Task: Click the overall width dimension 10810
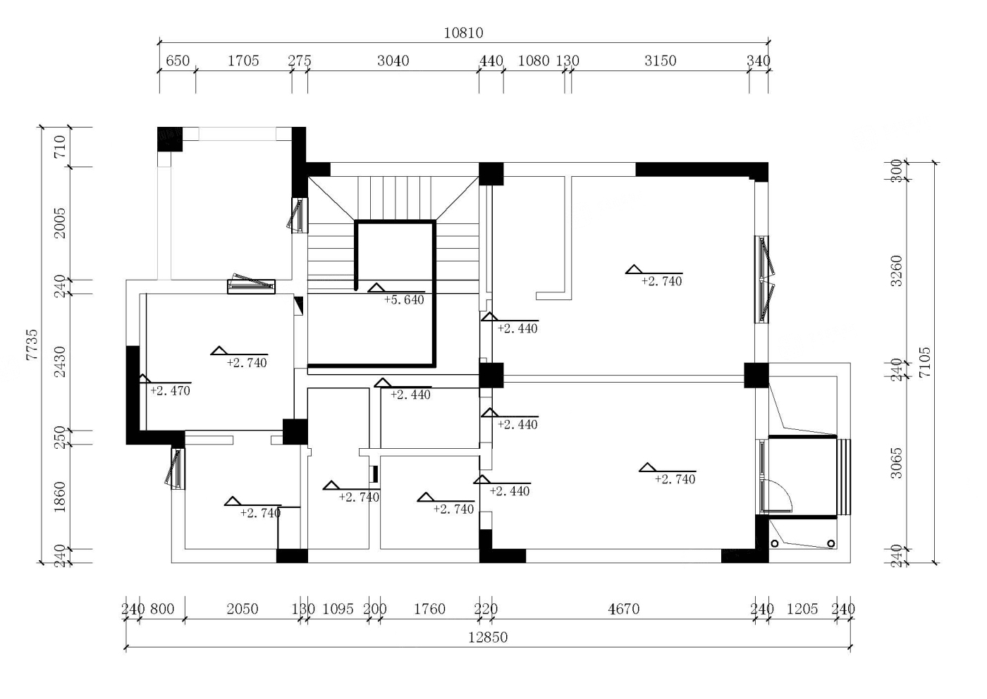(x=463, y=33)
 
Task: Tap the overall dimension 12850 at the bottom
(x=488, y=637)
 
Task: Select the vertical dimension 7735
(x=32, y=345)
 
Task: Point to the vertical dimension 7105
(x=924, y=362)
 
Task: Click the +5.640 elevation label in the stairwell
(x=404, y=300)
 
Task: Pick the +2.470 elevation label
(x=170, y=390)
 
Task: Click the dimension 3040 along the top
(x=393, y=61)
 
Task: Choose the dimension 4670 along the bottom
(x=623, y=609)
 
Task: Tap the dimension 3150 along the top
(x=660, y=61)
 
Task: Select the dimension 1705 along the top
(x=243, y=61)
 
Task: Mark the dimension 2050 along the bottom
(x=243, y=609)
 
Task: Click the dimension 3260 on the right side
(x=896, y=271)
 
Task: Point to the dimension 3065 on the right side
(x=896, y=464)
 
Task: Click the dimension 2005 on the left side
(x=59, y=223)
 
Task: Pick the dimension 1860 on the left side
(x=59, y=497)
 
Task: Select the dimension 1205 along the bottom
(x=802, y=609)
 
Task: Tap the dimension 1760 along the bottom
(x=429, y=609)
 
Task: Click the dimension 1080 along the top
(x=534, y=61)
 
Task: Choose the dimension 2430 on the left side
(x=59, y=362)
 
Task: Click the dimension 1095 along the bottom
(x=338, y=609)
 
